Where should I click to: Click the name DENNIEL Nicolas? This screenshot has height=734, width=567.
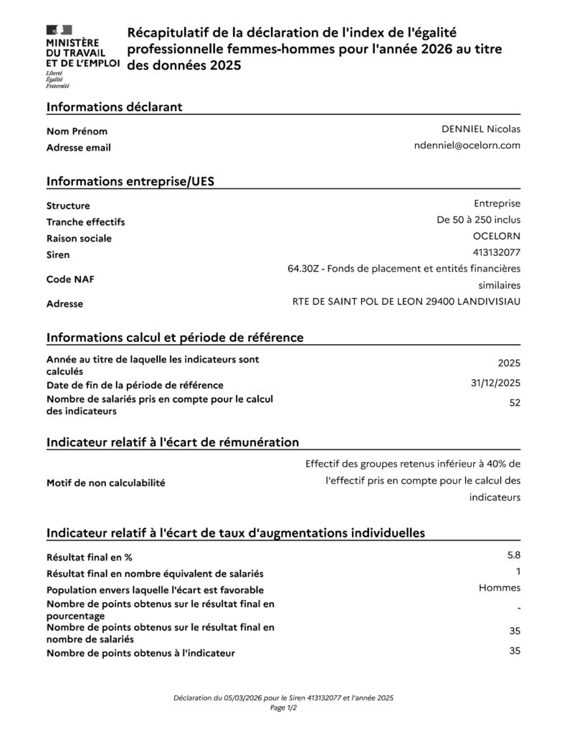click(x=481, y=129)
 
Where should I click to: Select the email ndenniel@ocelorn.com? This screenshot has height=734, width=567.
click(x=467, y=146)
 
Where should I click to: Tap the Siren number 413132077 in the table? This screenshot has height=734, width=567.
click(x=497, y=252)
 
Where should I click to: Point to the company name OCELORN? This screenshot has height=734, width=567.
click(x=497, y=236)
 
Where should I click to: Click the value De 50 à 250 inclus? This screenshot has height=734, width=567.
click(x=478, y=219)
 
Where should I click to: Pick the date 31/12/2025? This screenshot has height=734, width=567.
click(x=495, y=383)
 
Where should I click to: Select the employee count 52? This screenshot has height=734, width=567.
click(x=514, y=403)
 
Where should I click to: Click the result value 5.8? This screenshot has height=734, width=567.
click(x=513, y=555)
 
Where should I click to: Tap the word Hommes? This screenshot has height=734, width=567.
click(x=499, y=588)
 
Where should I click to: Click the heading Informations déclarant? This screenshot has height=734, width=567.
click(x=114, y=107)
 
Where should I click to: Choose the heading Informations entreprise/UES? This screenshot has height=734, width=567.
click(x=130, y=181)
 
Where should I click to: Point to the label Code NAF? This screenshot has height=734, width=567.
click(x=70, y=280)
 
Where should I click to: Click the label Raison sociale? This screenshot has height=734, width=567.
click(x=79, y=239)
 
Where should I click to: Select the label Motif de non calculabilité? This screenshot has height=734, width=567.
click(x=105, y=483)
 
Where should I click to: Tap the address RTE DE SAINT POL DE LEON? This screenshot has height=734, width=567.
click(x=406, y=301)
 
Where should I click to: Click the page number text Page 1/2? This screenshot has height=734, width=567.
click(x=283, y=707)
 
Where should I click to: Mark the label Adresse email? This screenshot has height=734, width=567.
click(x=78, y=148)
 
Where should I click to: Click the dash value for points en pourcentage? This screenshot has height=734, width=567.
click(x=518, y=609)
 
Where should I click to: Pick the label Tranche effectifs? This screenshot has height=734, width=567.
click(x=85, y=222)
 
